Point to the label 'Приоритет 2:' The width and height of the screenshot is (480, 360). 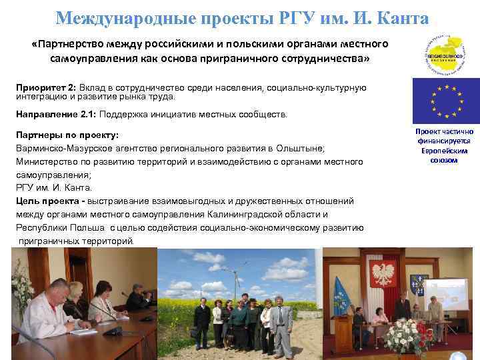pyautogui.click(x=47, y=88)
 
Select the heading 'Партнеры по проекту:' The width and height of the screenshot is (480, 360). pyautogui.click(x=67, y=135)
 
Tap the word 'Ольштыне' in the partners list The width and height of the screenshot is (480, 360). pyautogui.click(x=303, y=148)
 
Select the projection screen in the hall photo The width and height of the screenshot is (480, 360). pyautogui.click(x=445, y=294)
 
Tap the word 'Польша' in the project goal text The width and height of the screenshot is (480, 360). pyautogui.click(x=89, y=227)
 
